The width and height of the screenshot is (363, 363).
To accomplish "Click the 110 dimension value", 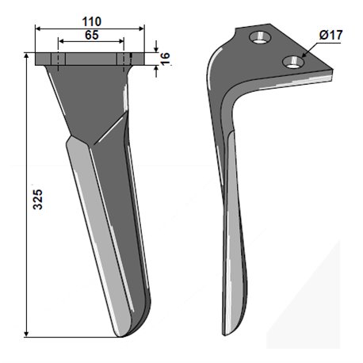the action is tap(92, 21).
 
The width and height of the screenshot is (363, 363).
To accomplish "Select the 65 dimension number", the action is tap(92, 35).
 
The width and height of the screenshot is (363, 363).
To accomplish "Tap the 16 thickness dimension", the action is tap(165, 59).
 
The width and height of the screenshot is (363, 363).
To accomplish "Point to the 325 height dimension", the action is tap(37, 199).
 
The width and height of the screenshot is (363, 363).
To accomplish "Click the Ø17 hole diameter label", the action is tap(331, 35).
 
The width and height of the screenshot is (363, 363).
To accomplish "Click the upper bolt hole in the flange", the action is tap(260, 37).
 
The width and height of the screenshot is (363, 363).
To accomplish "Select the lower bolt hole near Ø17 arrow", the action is tap(293, 62).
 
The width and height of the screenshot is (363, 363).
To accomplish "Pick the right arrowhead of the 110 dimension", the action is tap(141, 29).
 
